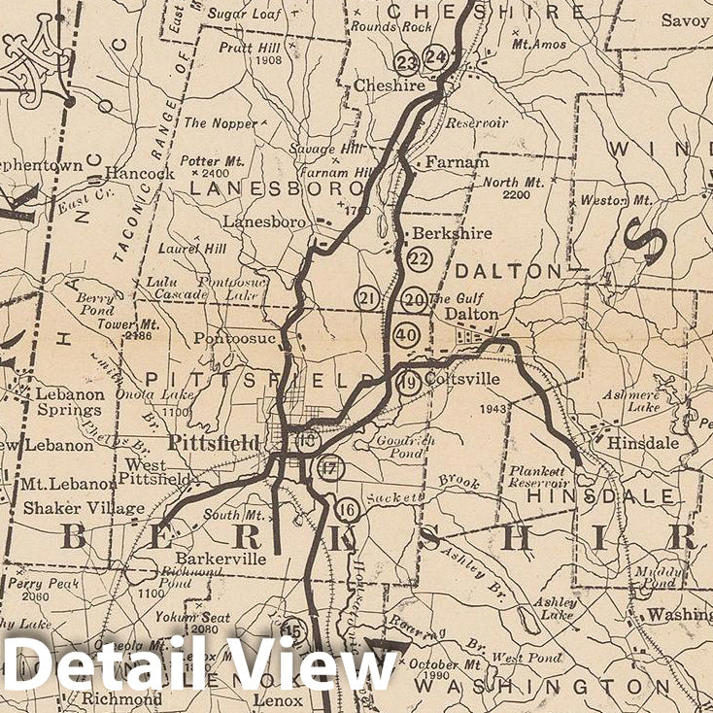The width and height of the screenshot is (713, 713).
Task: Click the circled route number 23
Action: tap(406, 62)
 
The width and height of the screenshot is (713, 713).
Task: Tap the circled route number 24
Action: tap(436, 57)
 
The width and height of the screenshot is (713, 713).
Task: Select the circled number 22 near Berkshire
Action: tap(420, 258)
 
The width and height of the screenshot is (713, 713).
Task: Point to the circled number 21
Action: tap(366, 298)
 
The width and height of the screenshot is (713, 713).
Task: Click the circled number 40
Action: tap(406, 335)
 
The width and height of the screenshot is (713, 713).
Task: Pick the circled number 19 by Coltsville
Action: tap(410, 381)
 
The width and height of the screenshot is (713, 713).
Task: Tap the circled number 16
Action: tap(347, 508)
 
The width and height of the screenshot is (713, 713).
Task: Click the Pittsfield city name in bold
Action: tap(214, 443)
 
